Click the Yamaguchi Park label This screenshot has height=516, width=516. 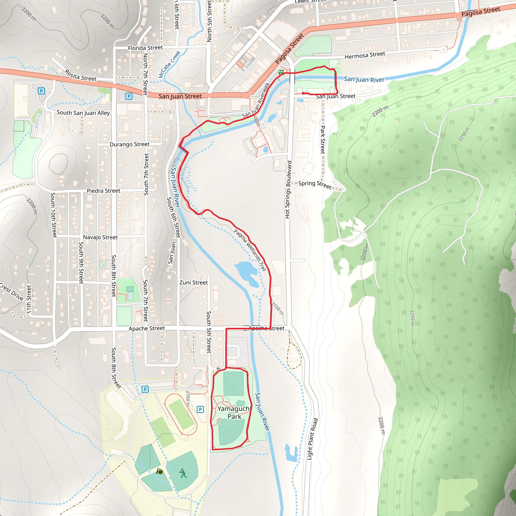pos(234,413)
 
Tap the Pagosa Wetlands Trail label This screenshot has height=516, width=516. pos(250,250)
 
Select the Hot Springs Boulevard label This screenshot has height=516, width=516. pos(288,190)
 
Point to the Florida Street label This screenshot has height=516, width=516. pos(145,48)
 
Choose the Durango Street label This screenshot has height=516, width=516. pos(130,144)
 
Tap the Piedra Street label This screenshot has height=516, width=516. pos(104,191)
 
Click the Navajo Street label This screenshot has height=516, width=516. pos(100,237)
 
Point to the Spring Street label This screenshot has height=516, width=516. pos(315,184)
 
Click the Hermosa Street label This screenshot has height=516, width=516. pos(365,55)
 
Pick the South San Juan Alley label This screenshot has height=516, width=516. pos(83,113)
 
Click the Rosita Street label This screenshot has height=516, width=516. pos(81,75)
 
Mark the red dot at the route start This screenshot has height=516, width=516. pos(303,93)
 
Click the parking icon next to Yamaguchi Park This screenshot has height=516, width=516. pos(200,409)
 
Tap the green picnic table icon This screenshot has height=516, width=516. pos(281,72)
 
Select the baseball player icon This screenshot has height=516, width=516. pos(183,473)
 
